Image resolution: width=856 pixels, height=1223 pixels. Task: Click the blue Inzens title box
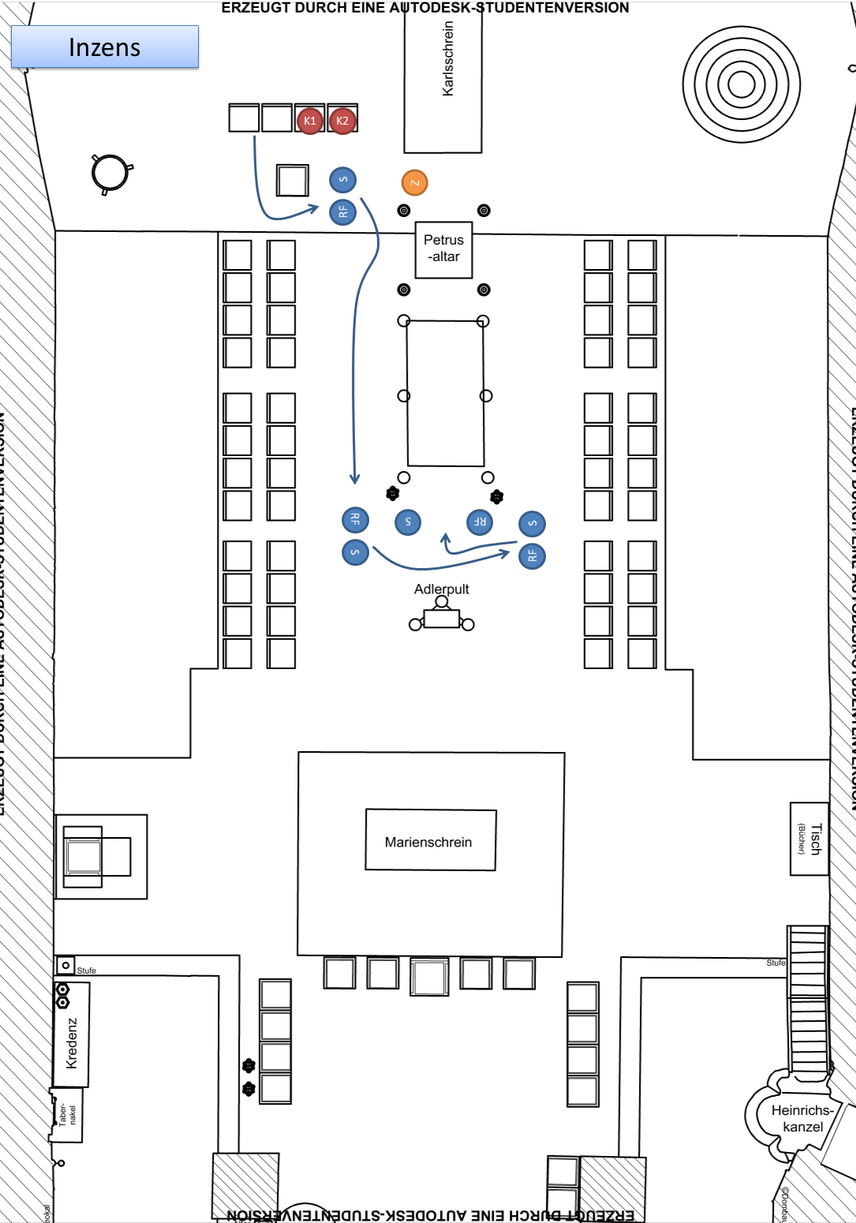click(x=105, y=47)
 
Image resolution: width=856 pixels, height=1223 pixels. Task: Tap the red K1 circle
click(x=310, y=121)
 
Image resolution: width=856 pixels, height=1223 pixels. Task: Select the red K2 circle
click(x=342, y=121)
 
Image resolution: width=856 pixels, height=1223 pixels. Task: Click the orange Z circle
click(x=414, y=182)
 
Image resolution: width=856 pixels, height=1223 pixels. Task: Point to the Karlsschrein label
click(x=448, y=59)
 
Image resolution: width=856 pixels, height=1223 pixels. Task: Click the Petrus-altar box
click(x=444, y=249)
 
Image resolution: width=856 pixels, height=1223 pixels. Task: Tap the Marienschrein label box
click(x=430, y=841)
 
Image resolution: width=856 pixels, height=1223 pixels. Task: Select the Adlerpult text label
click(x=441, y=589)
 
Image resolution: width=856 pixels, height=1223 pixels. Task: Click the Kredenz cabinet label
click(x=72, y=1042)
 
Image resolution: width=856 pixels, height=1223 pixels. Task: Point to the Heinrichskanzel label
click(x=802, y=1118)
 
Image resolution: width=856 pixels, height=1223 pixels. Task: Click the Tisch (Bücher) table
click(x=809, y=839)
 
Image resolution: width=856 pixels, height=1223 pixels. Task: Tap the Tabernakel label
click(x=67, y=1114)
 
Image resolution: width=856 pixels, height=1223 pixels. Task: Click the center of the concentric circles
click(x=741, y=84)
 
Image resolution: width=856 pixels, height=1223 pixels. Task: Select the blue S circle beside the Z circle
click(x=342, y=180)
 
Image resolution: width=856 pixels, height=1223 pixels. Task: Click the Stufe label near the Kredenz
click(x=87, y=971)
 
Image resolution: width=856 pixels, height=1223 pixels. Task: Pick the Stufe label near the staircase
click(x=776, y=963)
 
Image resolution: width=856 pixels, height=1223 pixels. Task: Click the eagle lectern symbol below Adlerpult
click(x=442, y=617)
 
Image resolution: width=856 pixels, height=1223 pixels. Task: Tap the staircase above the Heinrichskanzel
click(x=808, y=998)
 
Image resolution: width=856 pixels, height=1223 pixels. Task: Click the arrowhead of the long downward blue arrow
click(x=355, y=479)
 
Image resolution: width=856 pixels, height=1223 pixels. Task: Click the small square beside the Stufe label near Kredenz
click(x=65, y=965)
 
